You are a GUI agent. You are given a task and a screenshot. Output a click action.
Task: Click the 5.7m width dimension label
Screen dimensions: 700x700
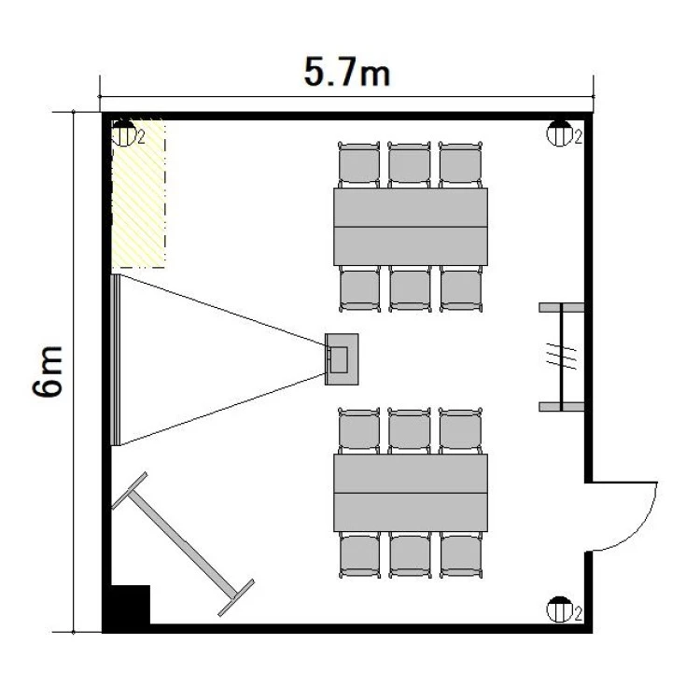click(x=347, y=72)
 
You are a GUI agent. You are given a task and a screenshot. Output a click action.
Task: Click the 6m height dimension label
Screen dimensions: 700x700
click(x=48, y=371)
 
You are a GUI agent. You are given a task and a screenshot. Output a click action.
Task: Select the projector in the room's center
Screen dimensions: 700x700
click(x=342, y=359)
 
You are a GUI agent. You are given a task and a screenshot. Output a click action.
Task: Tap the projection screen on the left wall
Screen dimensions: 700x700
click(x=116, y=360)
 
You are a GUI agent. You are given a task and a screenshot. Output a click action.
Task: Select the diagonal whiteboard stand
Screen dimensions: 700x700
click(x=183, y=544)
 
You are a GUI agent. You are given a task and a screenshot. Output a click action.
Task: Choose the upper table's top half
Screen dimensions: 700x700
click(x=411, y=207)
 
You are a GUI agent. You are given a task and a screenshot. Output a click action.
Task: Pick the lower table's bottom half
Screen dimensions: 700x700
click(x=411, y=512)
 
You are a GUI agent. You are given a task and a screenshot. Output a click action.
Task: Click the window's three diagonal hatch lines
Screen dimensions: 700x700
click(x=562, y=357)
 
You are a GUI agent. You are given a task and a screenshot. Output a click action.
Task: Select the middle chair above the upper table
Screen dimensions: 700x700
click(x=410, y=164)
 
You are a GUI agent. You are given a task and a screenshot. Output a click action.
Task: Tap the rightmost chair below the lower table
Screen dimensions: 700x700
click(x=461, y=555)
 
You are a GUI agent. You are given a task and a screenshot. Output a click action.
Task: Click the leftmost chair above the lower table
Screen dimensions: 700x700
click(x=359, y=431)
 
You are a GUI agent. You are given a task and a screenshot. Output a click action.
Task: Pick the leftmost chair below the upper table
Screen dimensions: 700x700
click(x=360, y=288)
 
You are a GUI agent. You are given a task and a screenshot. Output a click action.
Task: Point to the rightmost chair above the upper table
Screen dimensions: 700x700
click(x=460, y=164)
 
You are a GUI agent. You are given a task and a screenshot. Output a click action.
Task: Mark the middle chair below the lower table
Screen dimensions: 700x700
click(x=411, y=555)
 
